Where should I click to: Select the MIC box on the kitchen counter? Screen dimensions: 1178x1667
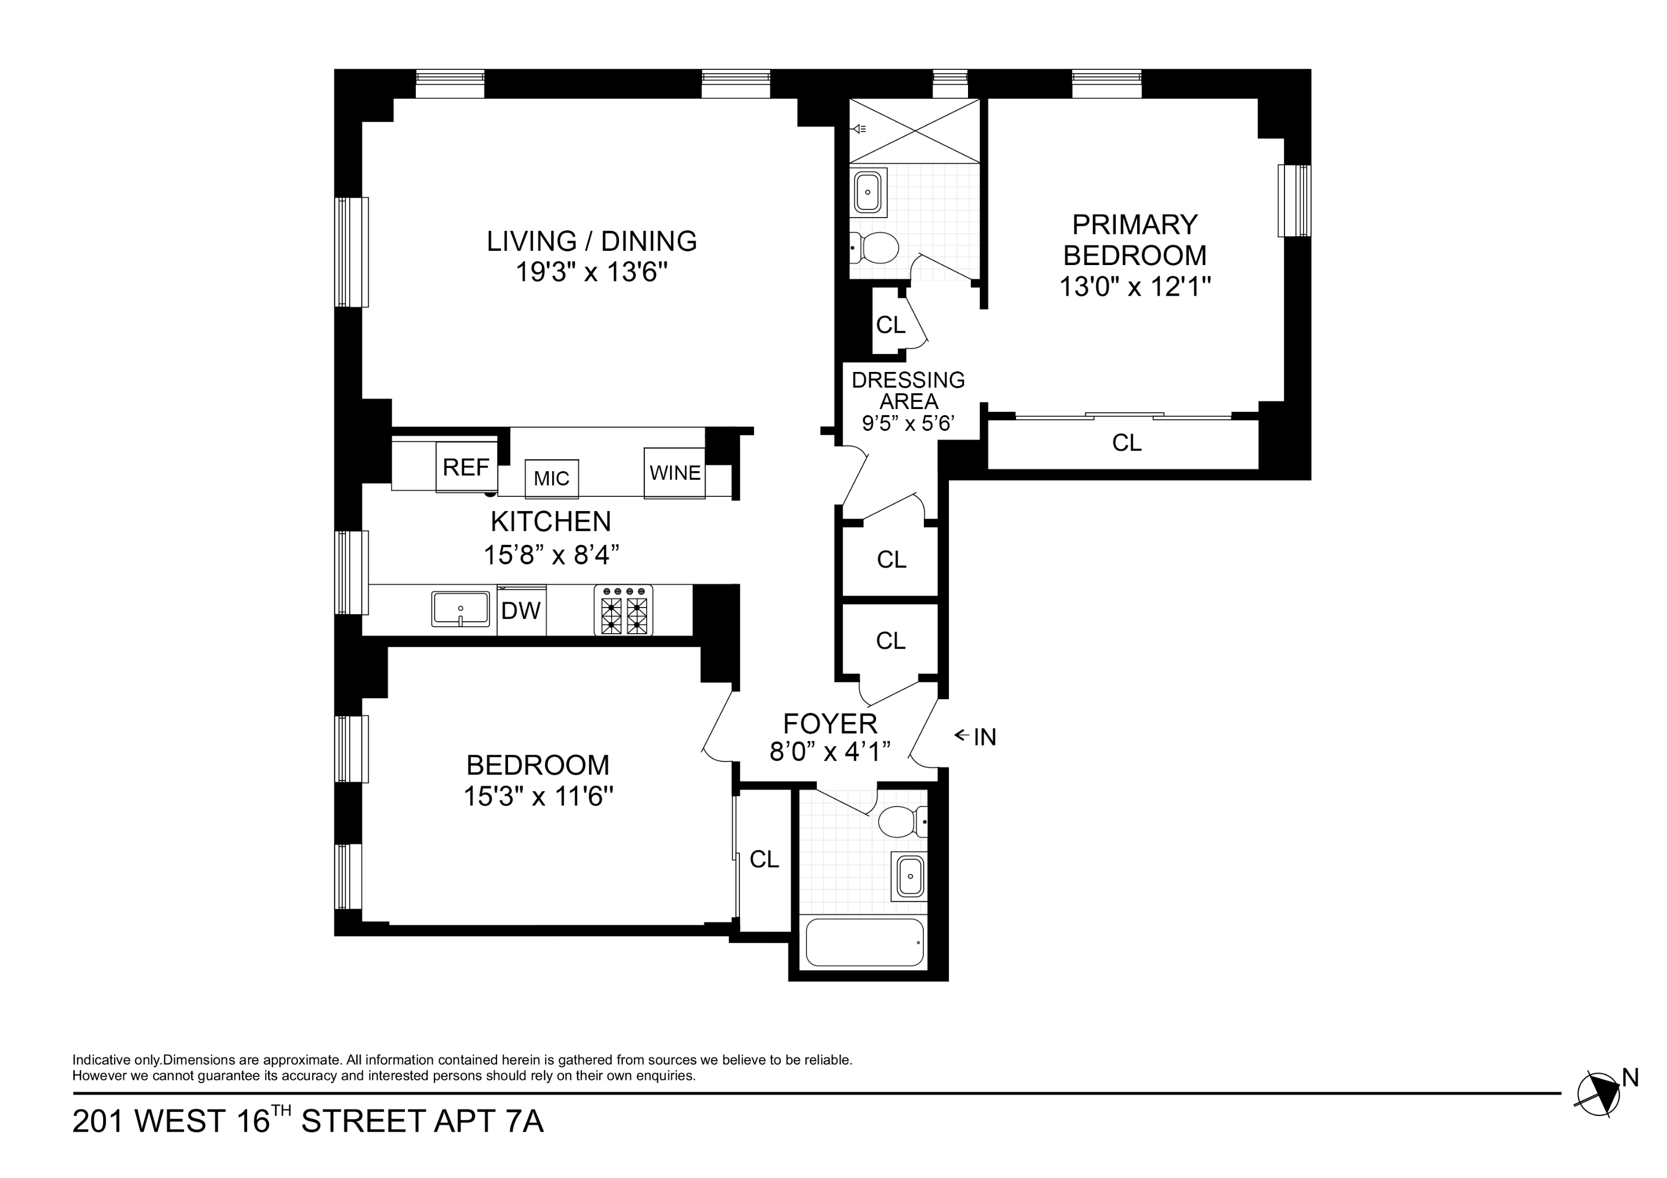(551, 478)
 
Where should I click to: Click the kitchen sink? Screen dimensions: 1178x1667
(461, 608)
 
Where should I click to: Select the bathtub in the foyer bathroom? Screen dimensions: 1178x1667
(865, 942)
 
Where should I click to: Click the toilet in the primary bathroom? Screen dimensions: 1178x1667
(874, 248)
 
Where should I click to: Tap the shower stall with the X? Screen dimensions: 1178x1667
(915, 131)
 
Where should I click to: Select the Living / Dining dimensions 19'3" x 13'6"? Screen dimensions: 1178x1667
(591, 273)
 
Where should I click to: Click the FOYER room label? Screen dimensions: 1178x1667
(830, 724)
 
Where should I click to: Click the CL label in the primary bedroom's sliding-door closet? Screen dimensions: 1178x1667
(1126, 442)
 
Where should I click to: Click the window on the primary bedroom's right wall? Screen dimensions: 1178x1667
(1294, 200)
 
